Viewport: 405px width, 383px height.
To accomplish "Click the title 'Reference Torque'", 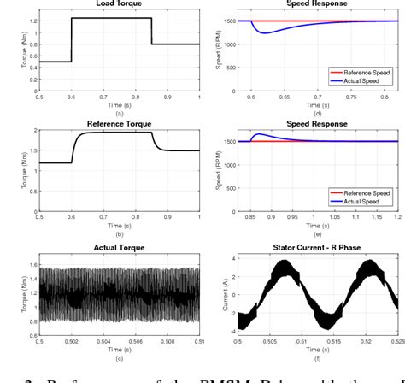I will [x=119, y=124].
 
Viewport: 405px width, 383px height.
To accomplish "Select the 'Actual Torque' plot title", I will [x=119, y=247].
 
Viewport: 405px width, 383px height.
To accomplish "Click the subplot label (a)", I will [x=119, y=110].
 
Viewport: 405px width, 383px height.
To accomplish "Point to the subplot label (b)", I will [x=119, y=233].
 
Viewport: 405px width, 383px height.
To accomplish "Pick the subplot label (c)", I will [x=119, y=358].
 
